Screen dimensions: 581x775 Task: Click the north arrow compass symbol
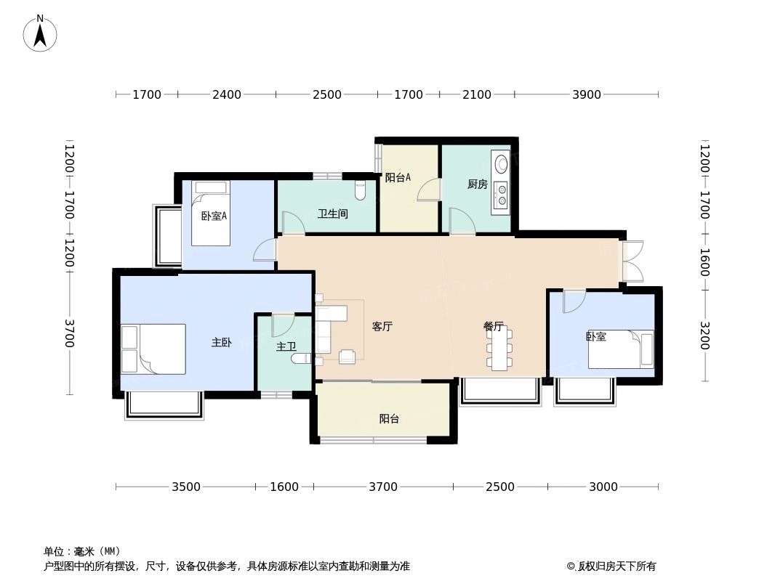40,33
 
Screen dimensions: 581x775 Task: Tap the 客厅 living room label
382,327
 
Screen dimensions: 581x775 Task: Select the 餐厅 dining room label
494,327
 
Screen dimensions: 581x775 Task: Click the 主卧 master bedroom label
221,342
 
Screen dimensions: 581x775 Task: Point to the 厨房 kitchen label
477,184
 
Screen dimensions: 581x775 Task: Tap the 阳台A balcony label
398,176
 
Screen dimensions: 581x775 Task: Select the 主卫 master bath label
285,347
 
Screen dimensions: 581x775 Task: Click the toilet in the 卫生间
360,190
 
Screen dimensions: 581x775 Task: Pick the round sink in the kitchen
500,163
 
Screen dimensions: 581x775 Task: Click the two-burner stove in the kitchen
501,195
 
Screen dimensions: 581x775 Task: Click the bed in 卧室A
211,214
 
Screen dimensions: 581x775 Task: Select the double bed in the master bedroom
153,349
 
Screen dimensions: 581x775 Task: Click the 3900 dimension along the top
587,94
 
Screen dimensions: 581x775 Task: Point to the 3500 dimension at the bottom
186,487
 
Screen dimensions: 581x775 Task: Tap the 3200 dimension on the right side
704,336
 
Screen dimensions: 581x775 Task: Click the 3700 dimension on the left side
70,333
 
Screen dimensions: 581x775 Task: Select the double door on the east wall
632,261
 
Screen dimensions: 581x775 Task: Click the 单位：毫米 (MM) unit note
81,551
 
